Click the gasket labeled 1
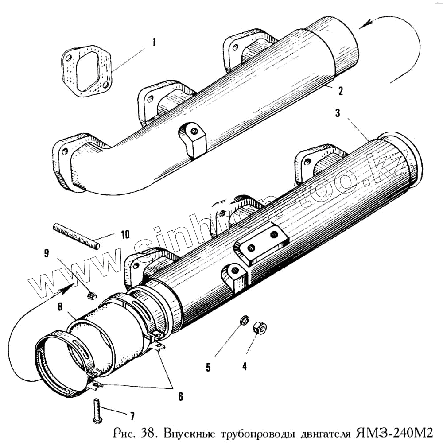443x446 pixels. point(87,71)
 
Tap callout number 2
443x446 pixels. point(340,91)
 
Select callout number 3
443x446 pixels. point(338,113)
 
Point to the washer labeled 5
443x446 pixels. point(243,320)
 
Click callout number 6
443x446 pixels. point(180,396)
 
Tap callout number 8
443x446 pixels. point(59,306)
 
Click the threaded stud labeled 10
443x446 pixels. point(75,236)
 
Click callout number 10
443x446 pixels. point(125,234)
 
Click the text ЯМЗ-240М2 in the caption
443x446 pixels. point(392,432)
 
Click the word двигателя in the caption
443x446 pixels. point(318,433)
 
